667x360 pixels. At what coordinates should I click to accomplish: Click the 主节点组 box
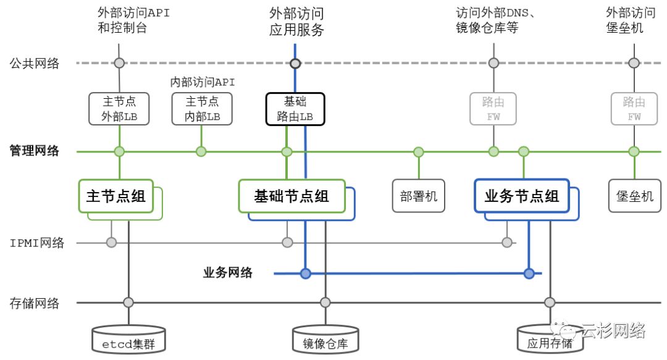click(115, 196)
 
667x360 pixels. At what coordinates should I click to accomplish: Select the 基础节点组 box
click(292, 196)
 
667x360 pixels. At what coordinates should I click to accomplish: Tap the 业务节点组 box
click(521, 196)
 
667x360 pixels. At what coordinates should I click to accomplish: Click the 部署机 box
click(419, 196)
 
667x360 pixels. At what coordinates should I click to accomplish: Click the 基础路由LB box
click(295, 109)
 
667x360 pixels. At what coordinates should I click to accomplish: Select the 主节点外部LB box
click(119, 109)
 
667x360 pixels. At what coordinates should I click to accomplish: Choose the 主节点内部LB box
click(202, 109)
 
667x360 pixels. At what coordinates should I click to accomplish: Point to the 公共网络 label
click(35, 63)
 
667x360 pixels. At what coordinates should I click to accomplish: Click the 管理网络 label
click(35, 151)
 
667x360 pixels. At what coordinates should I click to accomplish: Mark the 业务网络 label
click(228, 272)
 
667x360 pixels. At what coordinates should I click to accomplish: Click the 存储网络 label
click(35, 303)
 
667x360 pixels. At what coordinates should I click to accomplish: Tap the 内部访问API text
click(203, 82)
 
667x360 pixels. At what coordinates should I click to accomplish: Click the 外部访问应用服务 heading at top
click(296, 22)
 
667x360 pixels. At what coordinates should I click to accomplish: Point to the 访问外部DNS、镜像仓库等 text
click(494, 20)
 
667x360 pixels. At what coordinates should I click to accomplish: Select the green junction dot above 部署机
click(419, 152)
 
